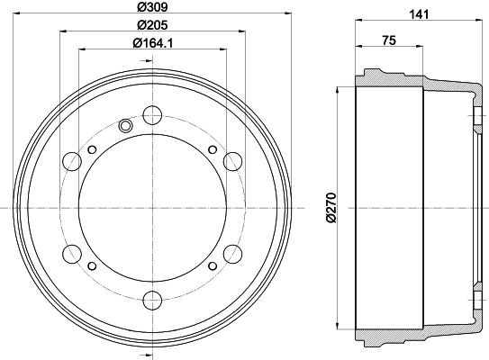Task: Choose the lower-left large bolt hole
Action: (71, 252)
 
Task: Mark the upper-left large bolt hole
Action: (71, 160)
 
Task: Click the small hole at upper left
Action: (93, 148)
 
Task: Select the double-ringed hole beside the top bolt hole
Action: (126, 125)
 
